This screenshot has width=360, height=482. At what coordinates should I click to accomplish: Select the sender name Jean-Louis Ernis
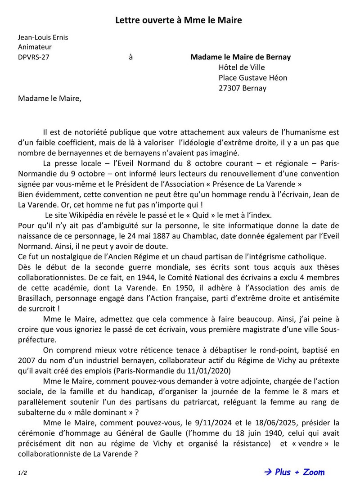(43, 37)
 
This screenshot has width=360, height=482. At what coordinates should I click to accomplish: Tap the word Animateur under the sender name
(35, 47)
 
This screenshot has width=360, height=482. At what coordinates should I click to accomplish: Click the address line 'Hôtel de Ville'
(242, 68)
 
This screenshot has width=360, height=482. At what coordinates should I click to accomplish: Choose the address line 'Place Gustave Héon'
(252, 77)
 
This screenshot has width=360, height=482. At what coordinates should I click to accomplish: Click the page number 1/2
(22, 473)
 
